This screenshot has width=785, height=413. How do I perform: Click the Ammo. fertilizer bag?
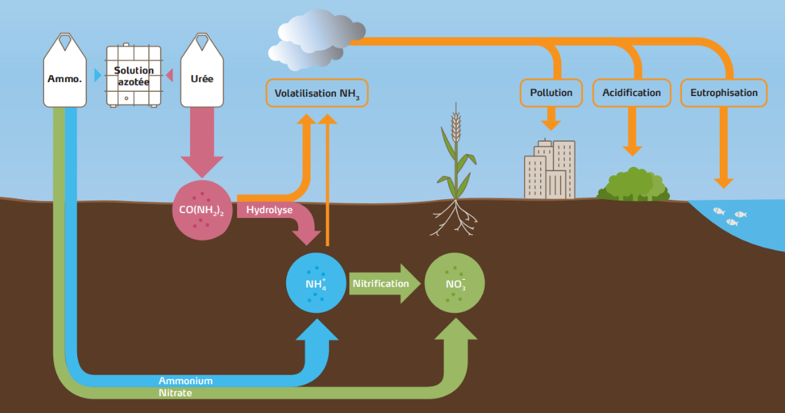65,74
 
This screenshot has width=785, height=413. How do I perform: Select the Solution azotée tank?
133,75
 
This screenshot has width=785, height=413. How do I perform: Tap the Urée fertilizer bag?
202,74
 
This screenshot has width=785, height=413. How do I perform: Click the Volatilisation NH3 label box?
317,93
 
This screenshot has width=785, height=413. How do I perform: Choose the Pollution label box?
551,93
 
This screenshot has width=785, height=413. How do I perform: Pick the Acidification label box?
631,93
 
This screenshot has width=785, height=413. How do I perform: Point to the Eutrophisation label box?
723,93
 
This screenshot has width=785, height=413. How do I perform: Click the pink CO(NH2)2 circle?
201,210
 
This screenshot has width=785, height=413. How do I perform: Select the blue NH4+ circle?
316,283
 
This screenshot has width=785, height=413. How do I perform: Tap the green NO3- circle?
455,283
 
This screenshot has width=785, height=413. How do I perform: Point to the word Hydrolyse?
269,210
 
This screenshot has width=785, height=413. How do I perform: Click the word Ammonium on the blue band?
185,381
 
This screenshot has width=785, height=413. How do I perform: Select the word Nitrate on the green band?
175,393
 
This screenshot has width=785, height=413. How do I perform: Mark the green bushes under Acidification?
633,185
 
